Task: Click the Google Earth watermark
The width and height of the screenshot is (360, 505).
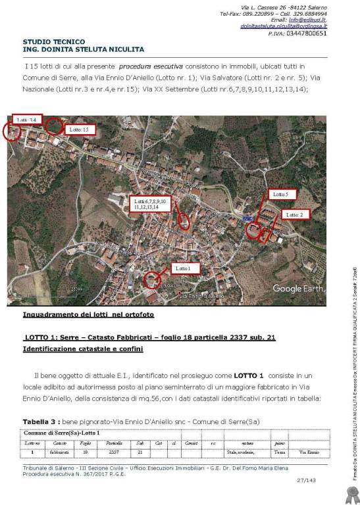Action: click(x=296, y=289)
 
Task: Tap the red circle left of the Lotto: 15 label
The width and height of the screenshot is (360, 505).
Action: click(x=54, y=126)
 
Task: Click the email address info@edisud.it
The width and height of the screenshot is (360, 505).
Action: click(x=314, y=20)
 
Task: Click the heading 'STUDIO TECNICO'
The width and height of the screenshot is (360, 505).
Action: click(x=49, y=42)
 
